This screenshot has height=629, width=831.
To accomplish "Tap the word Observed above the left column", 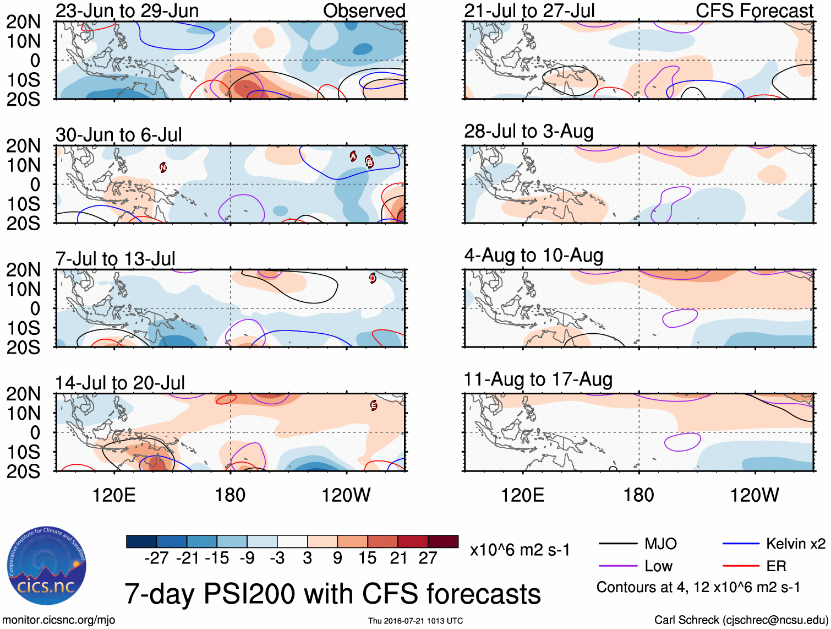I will tap(364, 11).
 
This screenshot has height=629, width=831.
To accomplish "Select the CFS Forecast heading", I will tap(754, 11).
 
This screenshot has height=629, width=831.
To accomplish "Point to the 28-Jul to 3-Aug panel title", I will tap(528, 132).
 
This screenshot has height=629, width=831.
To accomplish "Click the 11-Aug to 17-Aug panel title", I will tap(538, 379).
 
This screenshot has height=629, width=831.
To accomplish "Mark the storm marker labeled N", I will tap(163, 167).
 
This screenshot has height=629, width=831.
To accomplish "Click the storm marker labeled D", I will tap(373, 278).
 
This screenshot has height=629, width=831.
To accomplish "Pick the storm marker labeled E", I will tap(374, 406).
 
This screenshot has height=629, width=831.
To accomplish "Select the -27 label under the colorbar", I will tap(156, 558).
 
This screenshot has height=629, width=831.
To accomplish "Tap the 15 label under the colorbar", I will tap(367, 558).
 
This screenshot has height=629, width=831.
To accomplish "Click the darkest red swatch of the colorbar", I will tap(443, 541).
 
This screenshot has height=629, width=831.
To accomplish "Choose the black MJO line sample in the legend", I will tap(617, 544).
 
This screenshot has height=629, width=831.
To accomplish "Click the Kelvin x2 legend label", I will tap(795, 544).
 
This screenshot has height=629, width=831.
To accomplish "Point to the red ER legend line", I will tap(740, 566).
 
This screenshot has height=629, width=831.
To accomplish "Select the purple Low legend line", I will tap(617, 566).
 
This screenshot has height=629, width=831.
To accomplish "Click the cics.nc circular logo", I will tap(47, 566).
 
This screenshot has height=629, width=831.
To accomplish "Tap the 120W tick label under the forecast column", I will tap(754, 495).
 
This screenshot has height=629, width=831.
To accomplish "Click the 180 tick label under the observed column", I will tap(230, 495).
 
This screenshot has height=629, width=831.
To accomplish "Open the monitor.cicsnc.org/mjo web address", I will tap(59, 620).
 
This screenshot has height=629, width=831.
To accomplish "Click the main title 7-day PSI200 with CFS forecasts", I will tap(332, 594).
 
